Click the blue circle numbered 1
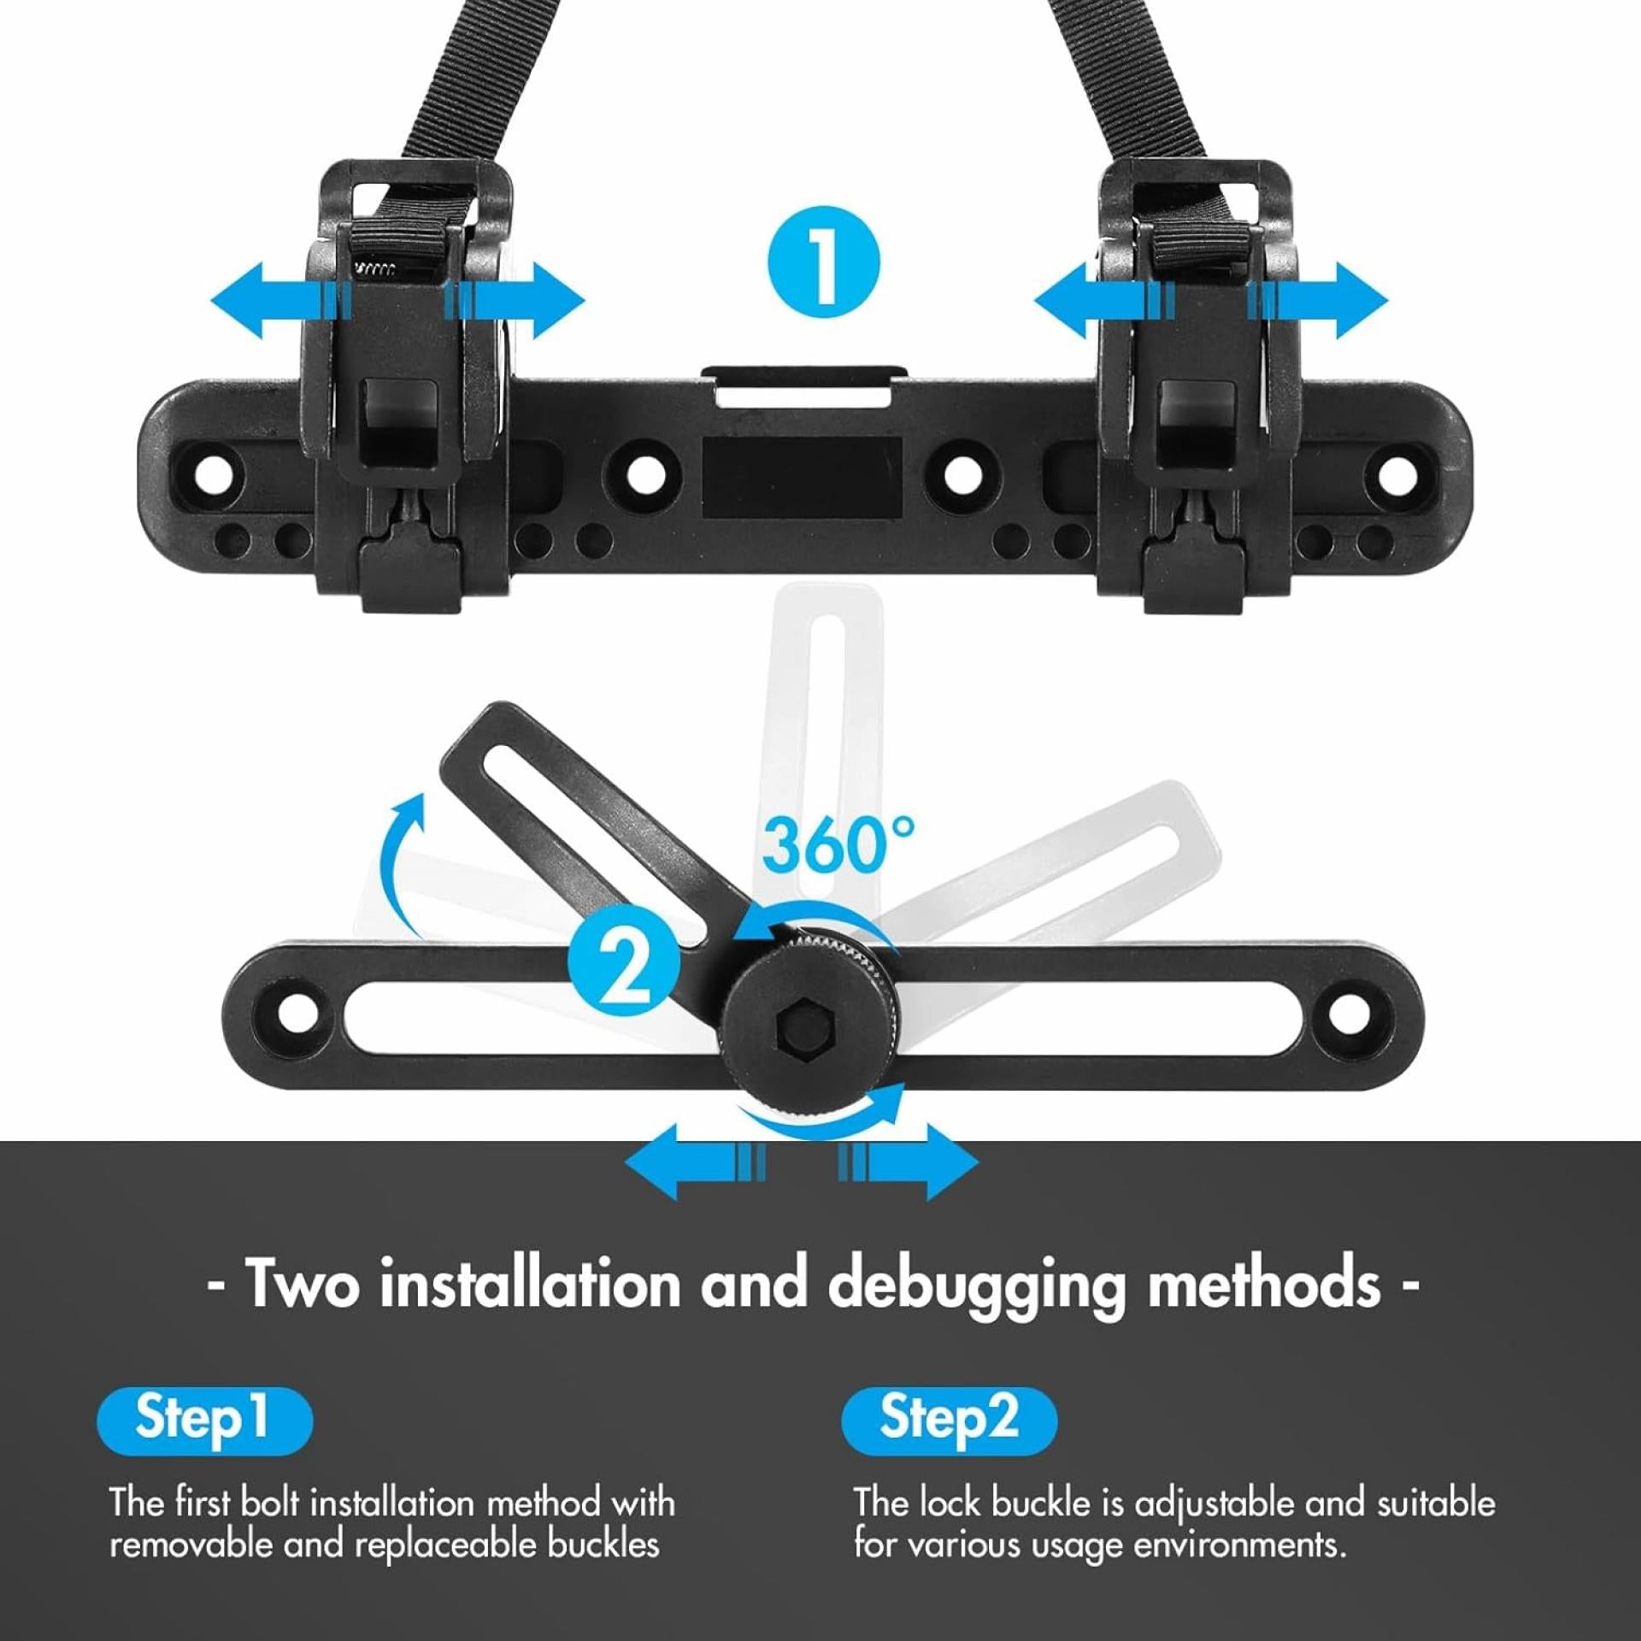point(823,262)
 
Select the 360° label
point(838,845)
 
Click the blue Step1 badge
point(204,1420)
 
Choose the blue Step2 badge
point(949,1420)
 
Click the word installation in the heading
point(529,1283)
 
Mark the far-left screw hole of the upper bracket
point(213,473)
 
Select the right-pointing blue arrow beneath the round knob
point(908,1162)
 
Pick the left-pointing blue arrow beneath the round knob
point(695,1162)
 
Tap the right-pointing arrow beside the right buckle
point(1318,301)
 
